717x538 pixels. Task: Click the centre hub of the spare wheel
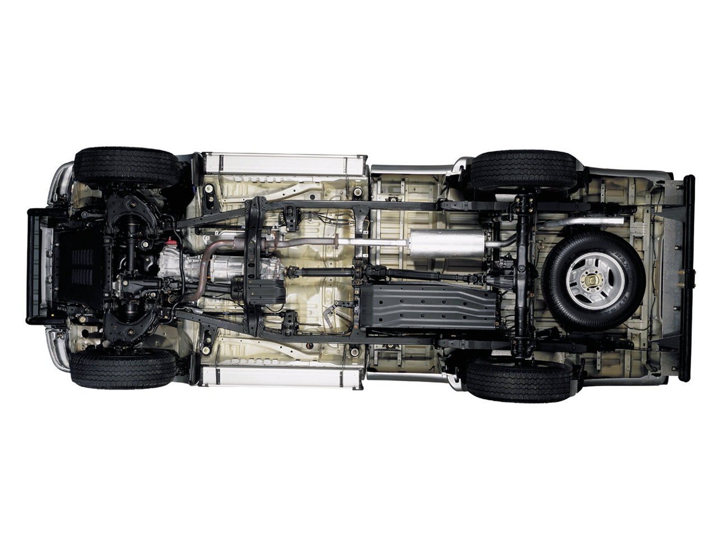(x=594, y=279)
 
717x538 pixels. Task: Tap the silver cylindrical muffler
(x=446, y=243)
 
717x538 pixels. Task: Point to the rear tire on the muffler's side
(x=522, y=170)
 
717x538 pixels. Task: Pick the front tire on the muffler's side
(x=127, y=167)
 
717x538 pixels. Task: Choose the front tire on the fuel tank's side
(x=123, y=368)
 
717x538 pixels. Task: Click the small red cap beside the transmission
(x=172, y=242)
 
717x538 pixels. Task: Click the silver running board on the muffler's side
(x=285, y=163)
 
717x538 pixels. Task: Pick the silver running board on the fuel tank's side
(x=280, y=377)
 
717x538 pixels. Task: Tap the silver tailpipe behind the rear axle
(x=583, y=222)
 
